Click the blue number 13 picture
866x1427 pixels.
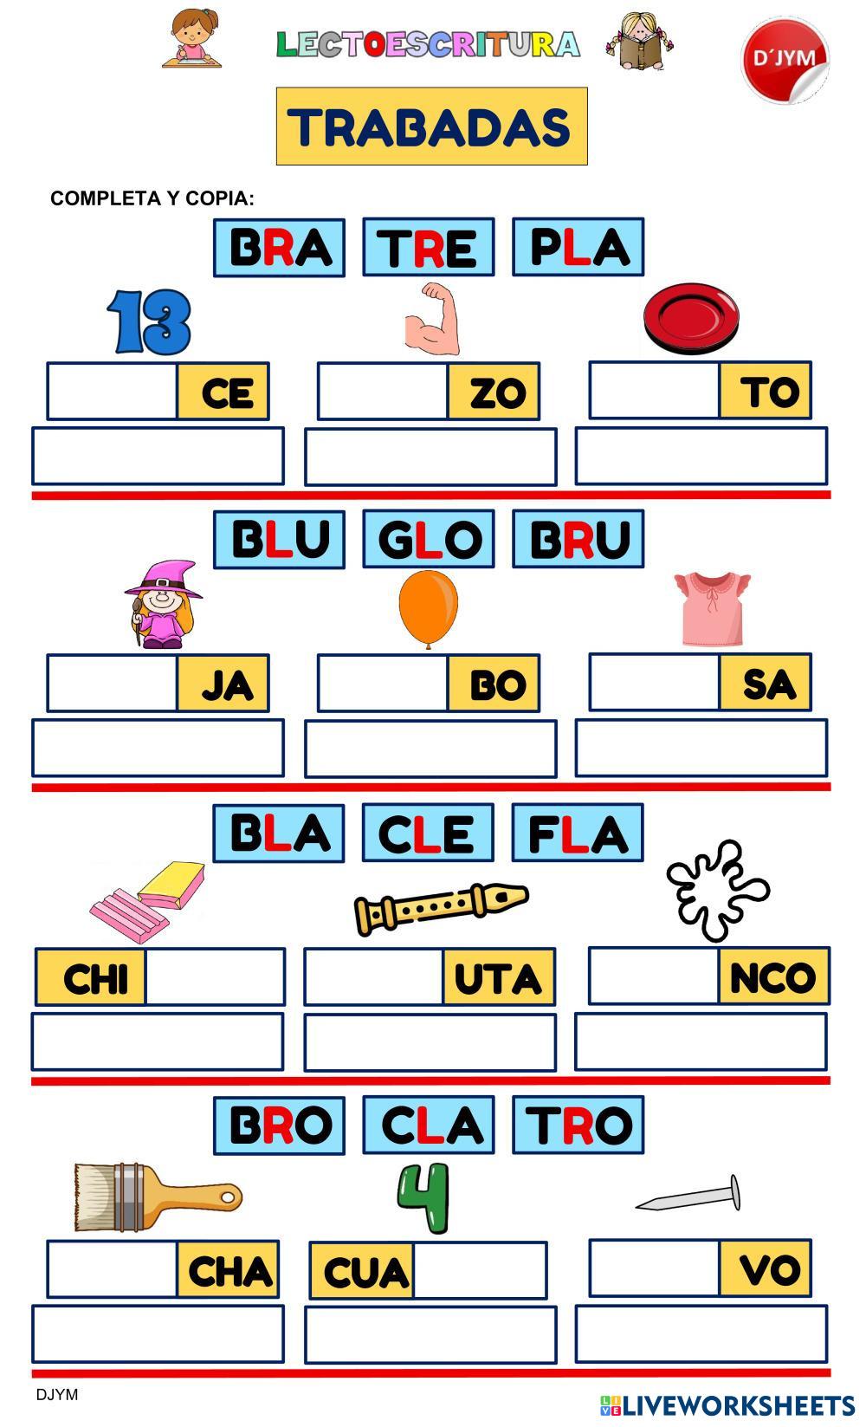pyautogui.click(x=150, y=321)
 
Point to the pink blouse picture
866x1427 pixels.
pyautogui.click(x=712, y=608)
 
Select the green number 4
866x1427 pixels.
pyautogui.click(x=424, y=1197)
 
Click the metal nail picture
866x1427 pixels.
pyautogui.click(x=690, y=1197)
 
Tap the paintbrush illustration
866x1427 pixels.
pyautogui.click(x=156, y=1197)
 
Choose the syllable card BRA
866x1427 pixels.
pyautogui.click(x=279, y=248)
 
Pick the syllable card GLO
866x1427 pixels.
pyautogui.click(x=428, y=540)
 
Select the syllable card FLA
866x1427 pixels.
pyautogui.click(x=577, y=833)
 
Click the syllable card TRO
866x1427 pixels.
pyautogui.click(x=578, y=1125)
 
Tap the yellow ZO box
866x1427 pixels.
pyautogui.click(x=494, y=392)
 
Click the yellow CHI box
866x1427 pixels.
pyautogui.click(x=91, y=977)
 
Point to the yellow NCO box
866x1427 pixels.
pyautogui.click(x=773, y=976)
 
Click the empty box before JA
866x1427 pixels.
pyautogui.click(x=112, y=684)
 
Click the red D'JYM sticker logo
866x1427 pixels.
pyautogui.click(x=785, y=59)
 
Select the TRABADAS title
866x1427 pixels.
pyautogui.click(x=431, y=126)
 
